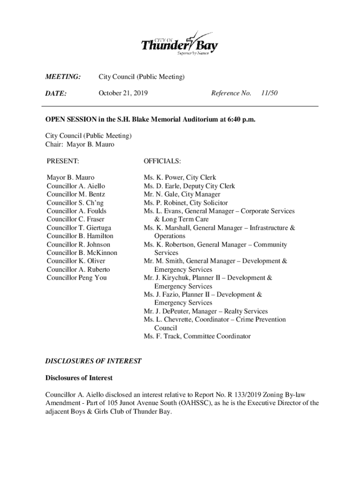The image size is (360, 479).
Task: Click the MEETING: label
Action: [63, 77]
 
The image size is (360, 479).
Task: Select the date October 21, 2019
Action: [123, 93]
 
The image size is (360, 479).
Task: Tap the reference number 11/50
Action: [270, 93]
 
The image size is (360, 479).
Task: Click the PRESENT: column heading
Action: [63, 161]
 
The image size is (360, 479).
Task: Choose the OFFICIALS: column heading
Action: [162, 161]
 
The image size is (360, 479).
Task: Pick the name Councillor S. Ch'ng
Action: [75, 203]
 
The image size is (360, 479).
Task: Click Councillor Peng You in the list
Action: [77, 278]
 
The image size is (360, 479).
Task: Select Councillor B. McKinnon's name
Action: [82, 253]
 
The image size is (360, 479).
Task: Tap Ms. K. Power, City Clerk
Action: [180, 178]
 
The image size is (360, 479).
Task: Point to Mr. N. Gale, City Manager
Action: [182, 194]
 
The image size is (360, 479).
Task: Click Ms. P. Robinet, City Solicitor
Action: [186, 203]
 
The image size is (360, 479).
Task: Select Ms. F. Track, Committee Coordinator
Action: [197, 336]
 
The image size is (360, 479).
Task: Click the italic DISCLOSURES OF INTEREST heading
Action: [93, 361]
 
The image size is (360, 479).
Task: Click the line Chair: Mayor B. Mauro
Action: [79, 144]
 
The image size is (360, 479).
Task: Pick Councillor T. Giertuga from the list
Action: [79, 228]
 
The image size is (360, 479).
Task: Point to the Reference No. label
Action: [231, 93]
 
